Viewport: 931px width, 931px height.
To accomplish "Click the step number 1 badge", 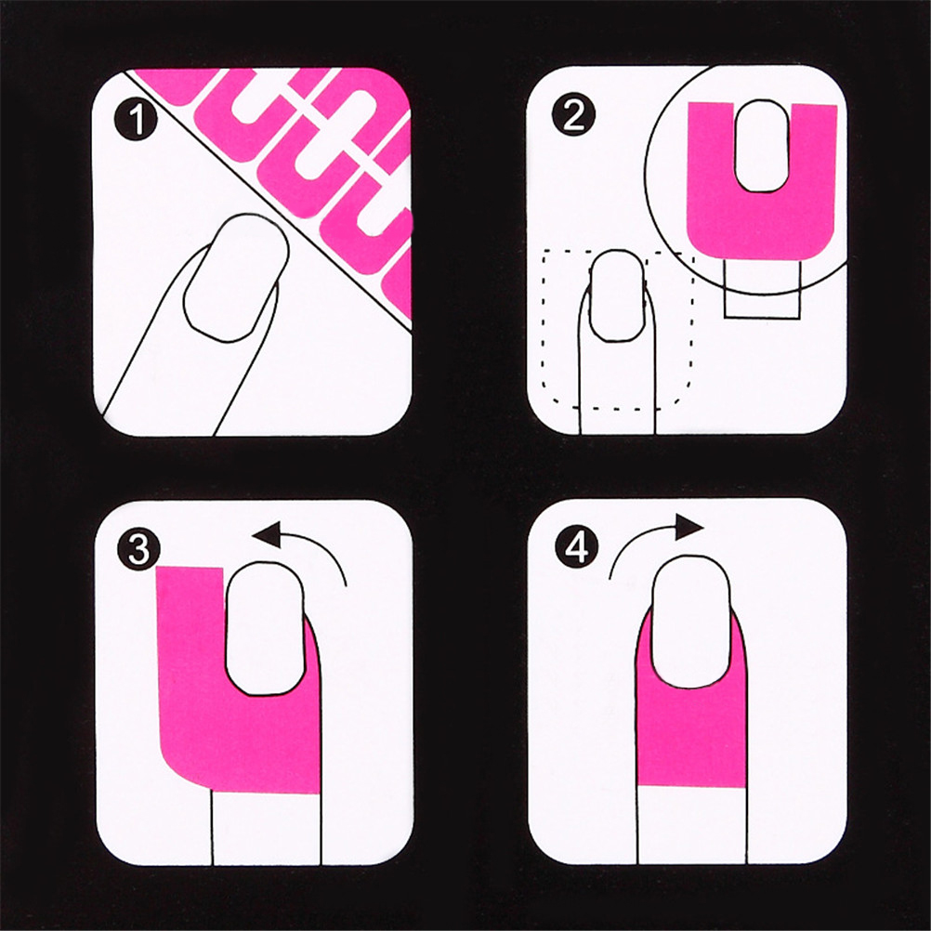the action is pos(137,119).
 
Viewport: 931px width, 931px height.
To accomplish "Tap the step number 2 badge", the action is pos(573,115).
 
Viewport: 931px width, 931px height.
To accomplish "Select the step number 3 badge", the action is pos(139,549).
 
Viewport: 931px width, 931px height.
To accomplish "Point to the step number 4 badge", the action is pos(576,547).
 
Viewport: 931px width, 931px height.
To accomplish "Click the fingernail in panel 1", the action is pos(236,277).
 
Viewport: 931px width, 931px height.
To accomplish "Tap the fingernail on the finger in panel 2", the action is pos(618,295).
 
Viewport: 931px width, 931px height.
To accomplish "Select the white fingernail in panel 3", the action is pos(265,628).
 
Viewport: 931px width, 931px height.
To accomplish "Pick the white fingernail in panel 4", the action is pos(691,622).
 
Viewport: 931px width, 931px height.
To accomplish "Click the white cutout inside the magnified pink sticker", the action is pos(763,146).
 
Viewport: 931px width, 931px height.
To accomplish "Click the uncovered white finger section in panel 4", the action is pos(692,825).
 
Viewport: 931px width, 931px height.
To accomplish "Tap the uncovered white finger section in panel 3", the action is pos(266,829).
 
